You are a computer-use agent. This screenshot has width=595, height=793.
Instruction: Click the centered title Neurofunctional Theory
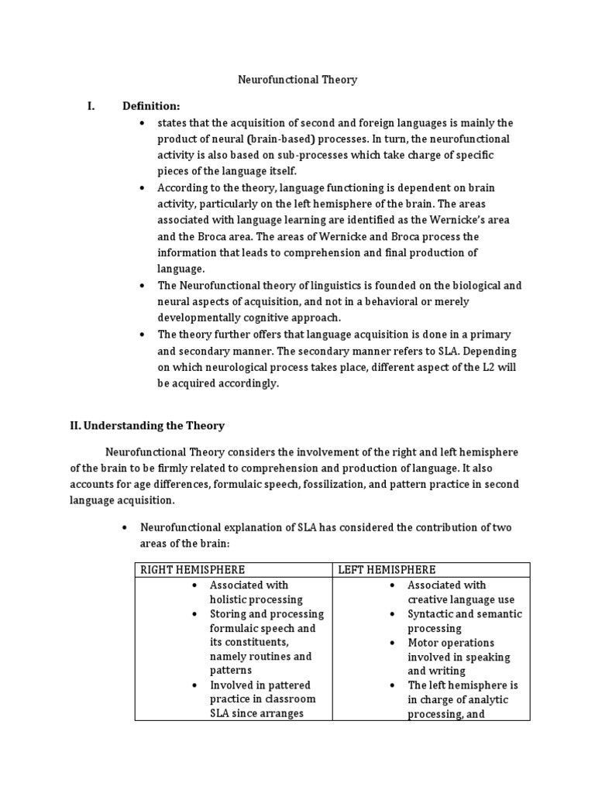(x=297, y=80)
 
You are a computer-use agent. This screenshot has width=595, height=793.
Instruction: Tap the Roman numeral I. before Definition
(x=91, y=105)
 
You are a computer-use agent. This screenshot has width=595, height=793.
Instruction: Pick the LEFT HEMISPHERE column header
(x=387, y=570)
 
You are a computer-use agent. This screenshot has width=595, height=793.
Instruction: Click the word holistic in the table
(x=231, y=599)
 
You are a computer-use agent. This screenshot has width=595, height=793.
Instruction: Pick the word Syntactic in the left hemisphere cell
(x=433, y=614)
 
